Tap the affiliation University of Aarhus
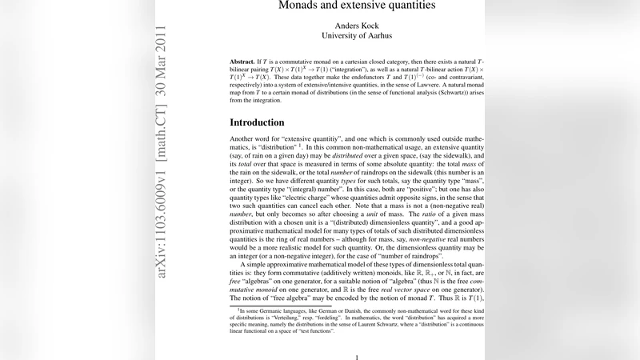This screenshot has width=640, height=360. click(357, 35)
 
